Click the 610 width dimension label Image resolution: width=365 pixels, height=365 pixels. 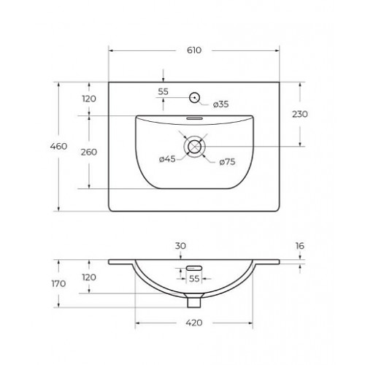(x=194, y=50)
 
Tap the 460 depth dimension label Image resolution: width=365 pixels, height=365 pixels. (x=58, y=146)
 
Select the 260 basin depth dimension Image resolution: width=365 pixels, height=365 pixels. (x=89, y=152)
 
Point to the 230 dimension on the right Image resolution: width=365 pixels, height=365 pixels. (x=300, y=114)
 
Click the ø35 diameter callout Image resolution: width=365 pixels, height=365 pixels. (x=220, y=104)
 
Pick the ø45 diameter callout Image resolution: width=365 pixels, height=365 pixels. (x=167, y=159)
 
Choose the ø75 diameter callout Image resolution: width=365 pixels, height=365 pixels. (x=227, y=162)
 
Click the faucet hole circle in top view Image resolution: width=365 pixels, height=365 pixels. (x=195, y=98)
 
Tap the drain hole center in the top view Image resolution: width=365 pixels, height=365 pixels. (x=194, y=147)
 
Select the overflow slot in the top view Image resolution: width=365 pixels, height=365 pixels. (x=194, y=118)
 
